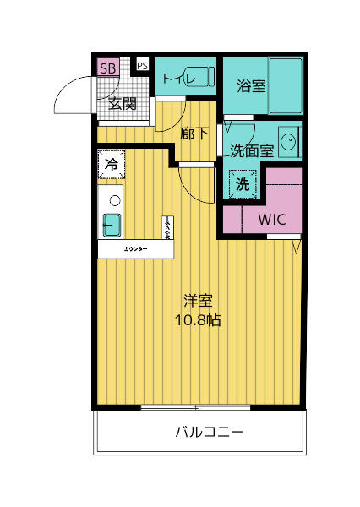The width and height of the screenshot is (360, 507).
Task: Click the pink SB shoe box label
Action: (x=108, y=68)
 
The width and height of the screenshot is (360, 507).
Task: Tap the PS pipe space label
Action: (x=142, y=65)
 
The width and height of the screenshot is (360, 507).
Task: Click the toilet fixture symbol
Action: (x=205, y=79)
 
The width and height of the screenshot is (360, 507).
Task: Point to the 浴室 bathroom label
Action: (x=251, y=85)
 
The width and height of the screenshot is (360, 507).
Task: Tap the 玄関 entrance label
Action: (x=123, y=104)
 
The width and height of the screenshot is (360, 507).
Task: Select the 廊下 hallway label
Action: (x=195, y=133)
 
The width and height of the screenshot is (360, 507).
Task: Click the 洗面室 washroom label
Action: (x=252, y=150)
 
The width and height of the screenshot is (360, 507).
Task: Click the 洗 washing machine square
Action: (x=241, y=184)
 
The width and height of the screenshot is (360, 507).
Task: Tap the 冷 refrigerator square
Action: (x=112, y=165)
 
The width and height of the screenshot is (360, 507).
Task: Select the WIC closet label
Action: (x=272, y=219)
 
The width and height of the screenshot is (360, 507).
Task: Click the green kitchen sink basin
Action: (x=112, y=225)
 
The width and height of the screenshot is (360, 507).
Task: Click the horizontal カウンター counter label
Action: (x=135, y=250)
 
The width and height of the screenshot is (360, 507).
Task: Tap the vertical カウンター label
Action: (x=167, y=229)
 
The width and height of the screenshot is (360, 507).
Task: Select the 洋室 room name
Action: (x=198, y=301)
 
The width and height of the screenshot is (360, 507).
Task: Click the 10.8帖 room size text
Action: (x=198, y=320)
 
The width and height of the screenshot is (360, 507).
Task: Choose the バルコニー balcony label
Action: (x=210, y=433)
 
